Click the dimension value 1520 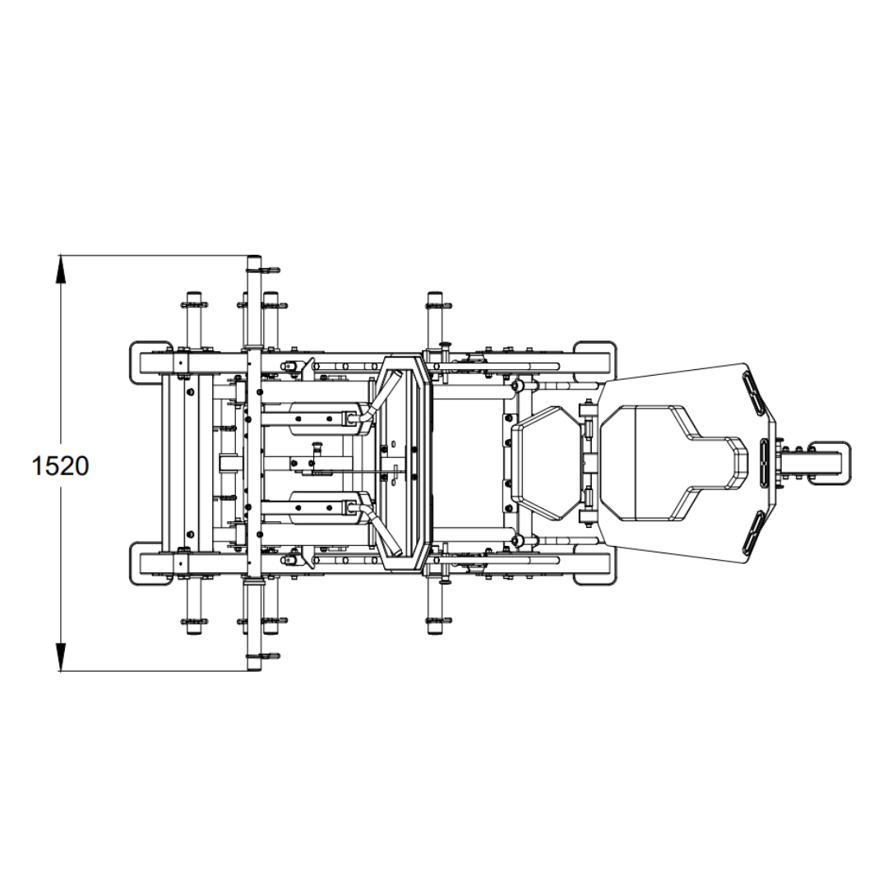click(x=61, y=465)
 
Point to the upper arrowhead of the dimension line click(x=61, y=269)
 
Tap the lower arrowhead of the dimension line click(x=61, y=658)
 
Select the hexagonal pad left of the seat click(x=547, y=463)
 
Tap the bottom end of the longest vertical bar click(x=254, y=668)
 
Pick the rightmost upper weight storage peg click(x=435, y=323)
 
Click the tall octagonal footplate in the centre click(x=403, y=463)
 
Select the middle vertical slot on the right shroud click(x=765, y=463)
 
